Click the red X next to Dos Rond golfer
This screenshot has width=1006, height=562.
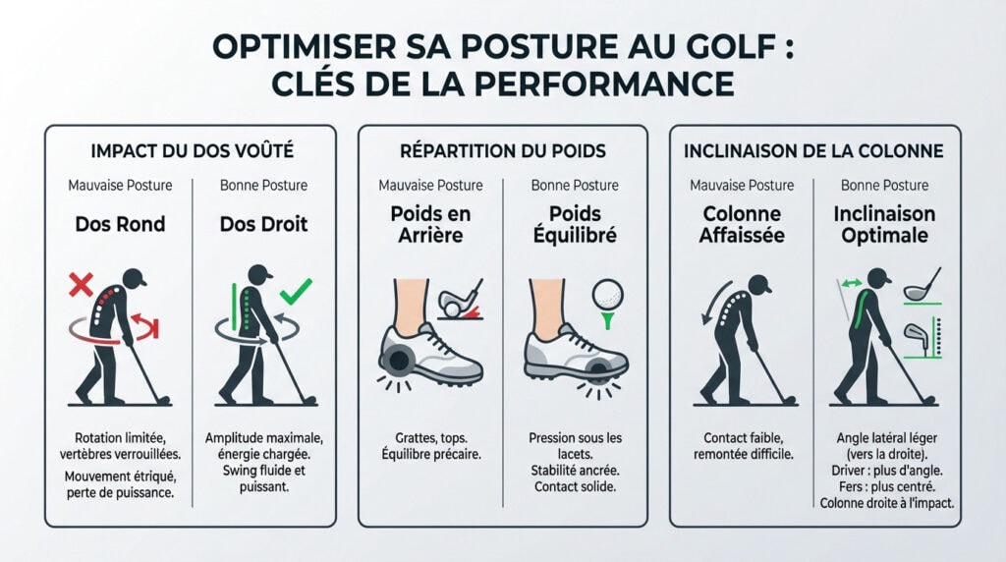tap(81, 287)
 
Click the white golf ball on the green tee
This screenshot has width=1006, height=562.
tap(609, 293)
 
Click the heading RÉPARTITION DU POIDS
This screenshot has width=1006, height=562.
tap(502, 152)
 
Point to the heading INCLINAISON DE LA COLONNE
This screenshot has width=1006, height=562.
tap(814, 152)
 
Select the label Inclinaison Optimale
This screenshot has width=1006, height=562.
tap(884, 225)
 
